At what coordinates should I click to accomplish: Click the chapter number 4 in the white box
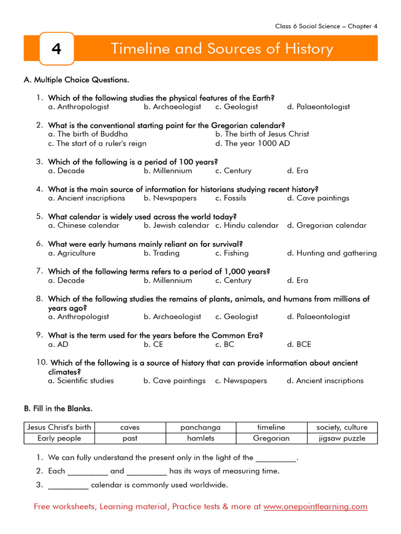(56, 49)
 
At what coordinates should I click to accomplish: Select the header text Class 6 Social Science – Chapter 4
(326, 26)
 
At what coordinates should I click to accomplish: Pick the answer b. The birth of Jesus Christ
(262, 134)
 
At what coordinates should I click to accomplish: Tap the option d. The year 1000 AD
(252, 143)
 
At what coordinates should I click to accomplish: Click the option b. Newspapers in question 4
(170, 198)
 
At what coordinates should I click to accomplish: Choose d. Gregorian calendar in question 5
(327, 226)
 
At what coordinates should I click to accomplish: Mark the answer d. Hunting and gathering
(332, 253)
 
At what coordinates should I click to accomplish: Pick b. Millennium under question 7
(168, 281)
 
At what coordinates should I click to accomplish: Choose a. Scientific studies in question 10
(81, 381)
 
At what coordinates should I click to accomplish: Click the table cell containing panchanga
(200, 427)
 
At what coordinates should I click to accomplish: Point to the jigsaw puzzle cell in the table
(342, 439)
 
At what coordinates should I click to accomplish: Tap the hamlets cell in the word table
(200, 439)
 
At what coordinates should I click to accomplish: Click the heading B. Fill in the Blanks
(58, 408)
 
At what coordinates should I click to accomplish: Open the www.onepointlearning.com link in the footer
(315, 507)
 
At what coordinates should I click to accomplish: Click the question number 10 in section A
(42, 362)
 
